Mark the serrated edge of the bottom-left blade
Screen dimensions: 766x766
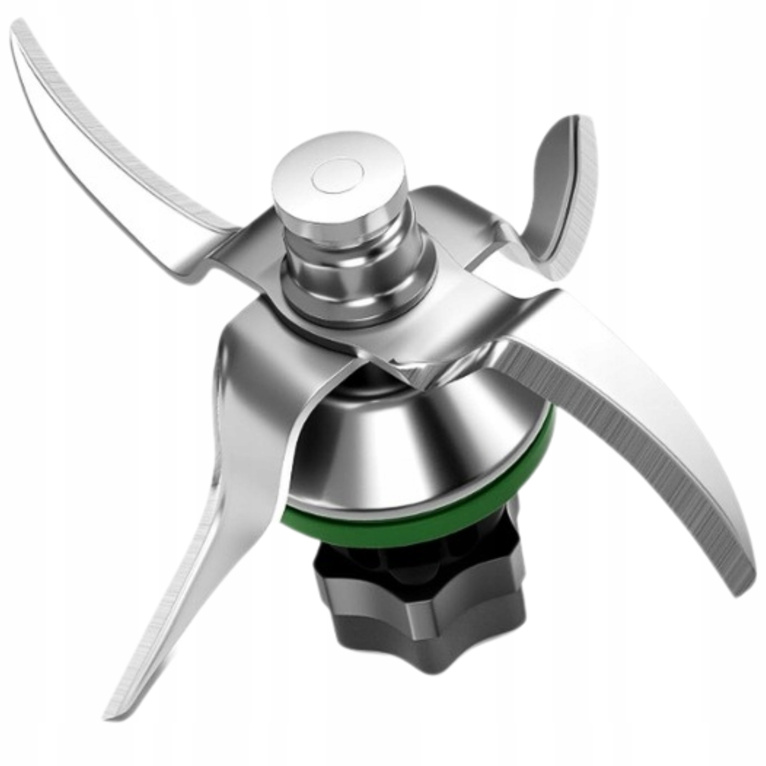coord(167,595)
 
